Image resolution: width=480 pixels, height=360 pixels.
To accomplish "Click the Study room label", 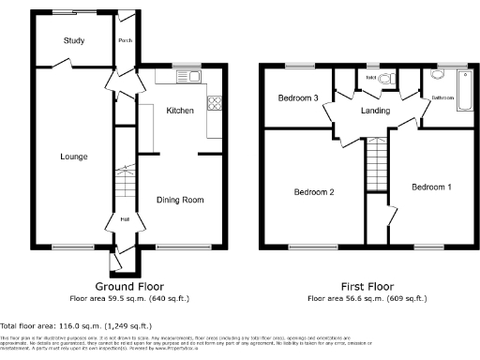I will (74, 40).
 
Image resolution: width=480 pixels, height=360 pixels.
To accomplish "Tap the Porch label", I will (124, 40).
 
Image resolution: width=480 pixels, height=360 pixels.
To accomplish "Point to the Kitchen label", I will (179, 111).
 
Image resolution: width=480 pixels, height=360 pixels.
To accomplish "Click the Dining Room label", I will (179, 200).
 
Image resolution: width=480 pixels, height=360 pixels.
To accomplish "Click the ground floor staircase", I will (124, 177).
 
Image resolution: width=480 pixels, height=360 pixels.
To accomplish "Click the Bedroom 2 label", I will (314, 192).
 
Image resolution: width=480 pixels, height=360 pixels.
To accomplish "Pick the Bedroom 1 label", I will (431, 187).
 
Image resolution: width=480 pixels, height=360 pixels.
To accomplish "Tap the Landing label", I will (375, 112).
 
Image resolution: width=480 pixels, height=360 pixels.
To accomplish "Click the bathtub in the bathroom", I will (463, 95).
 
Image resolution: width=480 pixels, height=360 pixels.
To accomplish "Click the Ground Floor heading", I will (130, 286).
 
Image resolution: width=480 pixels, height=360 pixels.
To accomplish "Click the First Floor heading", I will (367, 286).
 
